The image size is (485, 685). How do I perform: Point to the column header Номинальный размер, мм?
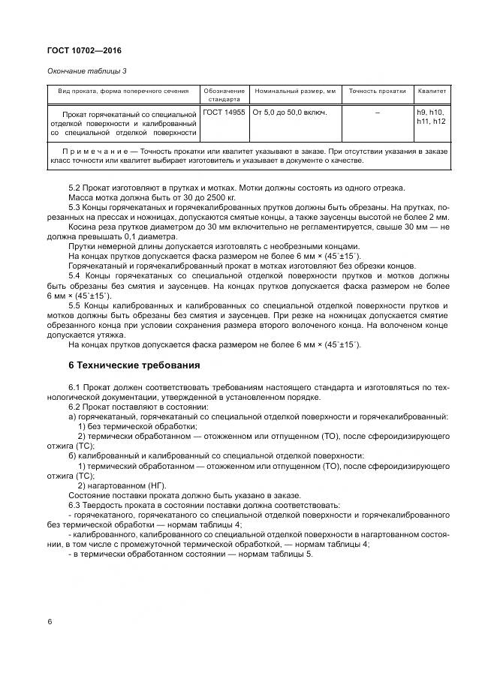(x=295, y=91)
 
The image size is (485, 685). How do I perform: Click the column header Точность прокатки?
(x=377, y=91)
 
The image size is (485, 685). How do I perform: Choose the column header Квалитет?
(x=432, y=91)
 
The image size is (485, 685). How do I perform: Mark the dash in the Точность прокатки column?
(x=377, y=112)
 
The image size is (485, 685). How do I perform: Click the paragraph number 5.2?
(x=75, y=188)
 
